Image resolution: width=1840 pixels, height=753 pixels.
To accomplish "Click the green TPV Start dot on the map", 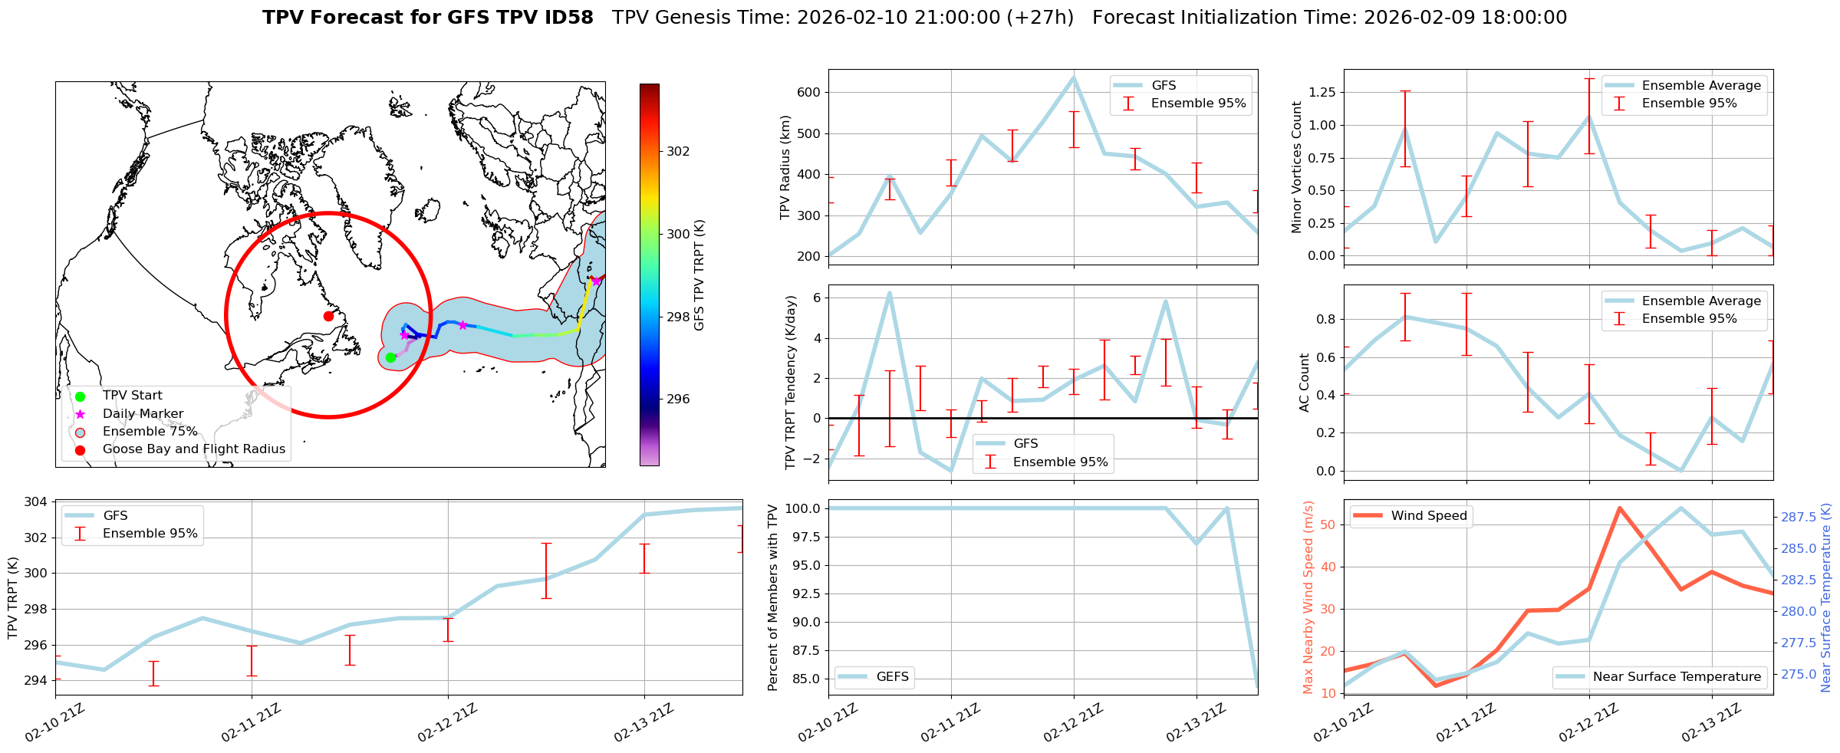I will tap(390, 357).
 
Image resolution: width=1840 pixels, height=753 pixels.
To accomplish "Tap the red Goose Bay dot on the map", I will tap(328, 316).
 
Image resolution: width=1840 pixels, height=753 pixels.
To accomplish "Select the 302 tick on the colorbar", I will tap(677, 151).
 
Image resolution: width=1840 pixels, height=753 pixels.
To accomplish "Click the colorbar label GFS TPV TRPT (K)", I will tap(699, 275).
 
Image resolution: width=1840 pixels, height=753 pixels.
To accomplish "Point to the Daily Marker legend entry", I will tap(143, 414).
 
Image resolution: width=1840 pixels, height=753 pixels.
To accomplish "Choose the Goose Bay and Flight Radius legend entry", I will tap(193, 449).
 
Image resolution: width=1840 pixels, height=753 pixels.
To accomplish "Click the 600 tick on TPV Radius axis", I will tap(810, 92).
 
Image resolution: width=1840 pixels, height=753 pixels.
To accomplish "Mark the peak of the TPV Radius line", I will tap(1073, 77).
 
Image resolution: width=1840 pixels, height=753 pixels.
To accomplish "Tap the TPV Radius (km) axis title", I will tap(785, 167).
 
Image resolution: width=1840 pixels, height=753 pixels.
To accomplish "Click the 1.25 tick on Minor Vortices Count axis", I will tap(1321, 92).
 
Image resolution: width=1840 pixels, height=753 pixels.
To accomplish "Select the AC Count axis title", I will tap(1305, 383).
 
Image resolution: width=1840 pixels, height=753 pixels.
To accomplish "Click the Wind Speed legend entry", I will tap(1428, 516).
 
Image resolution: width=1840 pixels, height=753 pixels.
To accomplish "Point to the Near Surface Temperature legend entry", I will tap(1676, 677).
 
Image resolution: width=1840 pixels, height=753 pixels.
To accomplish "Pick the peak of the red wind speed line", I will tap(1619, 508).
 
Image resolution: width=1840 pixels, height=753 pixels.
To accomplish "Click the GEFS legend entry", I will tap(892, 677).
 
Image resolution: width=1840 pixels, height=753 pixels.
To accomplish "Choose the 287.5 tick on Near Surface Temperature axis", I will tap(1797, 518).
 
